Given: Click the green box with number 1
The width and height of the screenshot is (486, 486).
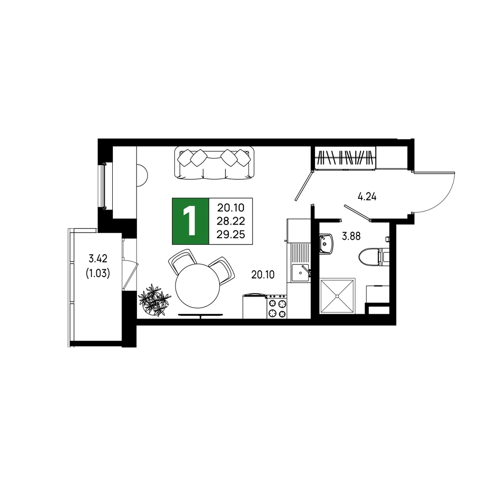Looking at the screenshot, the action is tap(191, 221).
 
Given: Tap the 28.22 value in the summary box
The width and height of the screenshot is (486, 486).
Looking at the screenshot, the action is tap(231, 221).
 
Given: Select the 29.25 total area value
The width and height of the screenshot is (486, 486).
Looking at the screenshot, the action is tap(231, 235).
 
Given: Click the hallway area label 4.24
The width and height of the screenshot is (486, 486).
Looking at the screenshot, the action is tap(367, 196).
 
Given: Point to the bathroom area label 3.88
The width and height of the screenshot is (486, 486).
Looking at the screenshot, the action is tap(351, 237).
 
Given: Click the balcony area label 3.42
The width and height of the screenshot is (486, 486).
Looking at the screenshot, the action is tap(98, 258).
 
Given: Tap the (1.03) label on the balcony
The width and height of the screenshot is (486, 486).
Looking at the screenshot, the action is tap(98, 274).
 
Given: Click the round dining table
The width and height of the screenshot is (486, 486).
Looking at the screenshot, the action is tap(197, 286).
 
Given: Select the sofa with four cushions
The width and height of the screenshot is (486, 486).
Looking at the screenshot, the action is tap(214, 163).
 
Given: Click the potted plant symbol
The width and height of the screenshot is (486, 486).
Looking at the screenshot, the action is tap(155, 300).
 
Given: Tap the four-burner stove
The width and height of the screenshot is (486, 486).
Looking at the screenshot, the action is tap(277, 307).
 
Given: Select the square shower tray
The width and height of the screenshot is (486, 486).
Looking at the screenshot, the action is tap(337, 296).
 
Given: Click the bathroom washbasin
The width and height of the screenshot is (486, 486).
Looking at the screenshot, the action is tap(326, 243).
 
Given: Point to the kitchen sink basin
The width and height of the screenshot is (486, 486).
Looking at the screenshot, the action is tap(299, 273).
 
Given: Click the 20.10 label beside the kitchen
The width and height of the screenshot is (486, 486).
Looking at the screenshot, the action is tap(263, 275).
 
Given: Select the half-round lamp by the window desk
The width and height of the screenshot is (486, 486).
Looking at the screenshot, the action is tap(142, 175).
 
